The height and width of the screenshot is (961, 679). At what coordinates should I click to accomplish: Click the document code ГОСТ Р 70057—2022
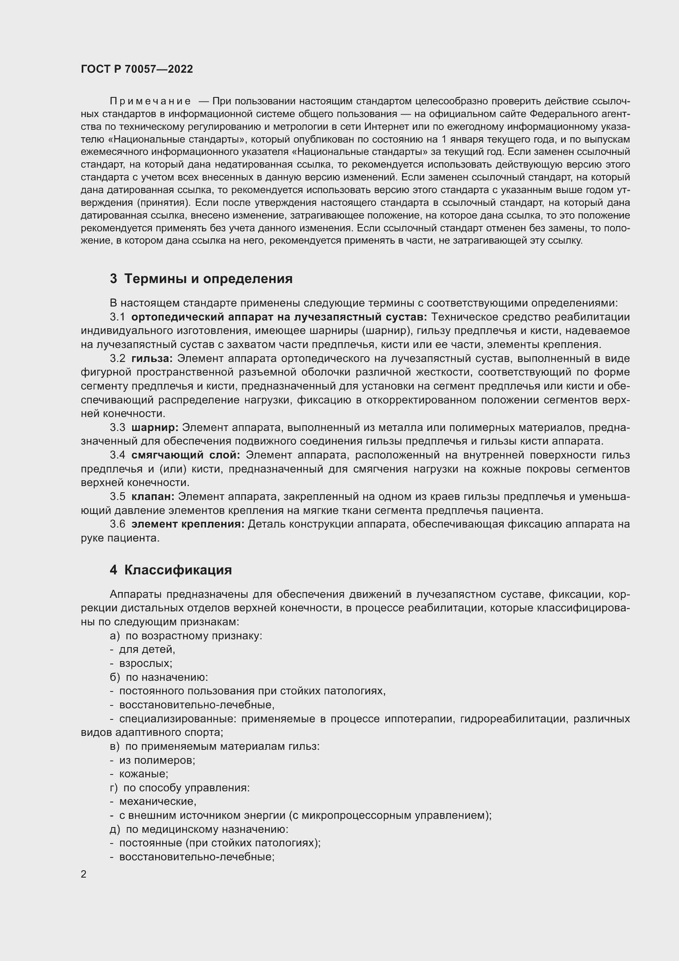pyautogui.click(x=137, y=69)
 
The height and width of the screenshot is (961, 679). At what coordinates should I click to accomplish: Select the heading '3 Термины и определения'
pyautogui.click(x=201, y=279)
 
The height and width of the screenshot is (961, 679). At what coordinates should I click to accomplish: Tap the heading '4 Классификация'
pyautogui.click(x=171, y=570)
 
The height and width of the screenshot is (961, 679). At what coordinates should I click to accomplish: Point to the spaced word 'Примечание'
pyautogui.click(x=150, y=101)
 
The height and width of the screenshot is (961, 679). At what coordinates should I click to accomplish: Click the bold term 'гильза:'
pyautogui.click(x=152, y=359)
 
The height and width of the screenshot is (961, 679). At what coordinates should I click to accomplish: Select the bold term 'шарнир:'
pyautogui.click(x=155, y=428)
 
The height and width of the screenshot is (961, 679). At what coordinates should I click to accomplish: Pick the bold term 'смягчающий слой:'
pyautogui.click(x=186, y=455)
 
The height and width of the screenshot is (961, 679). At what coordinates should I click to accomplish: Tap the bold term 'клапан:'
pyautogui.click(x=153, y=497)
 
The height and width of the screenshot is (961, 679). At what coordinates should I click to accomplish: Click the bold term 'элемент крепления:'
pyautogui.click(x=188, y=524)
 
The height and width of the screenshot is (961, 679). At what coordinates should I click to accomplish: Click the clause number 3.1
pyautogui.click(x=117, y=317)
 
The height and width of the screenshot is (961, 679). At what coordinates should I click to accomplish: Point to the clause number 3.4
pyautogui.click(x=117, y=455)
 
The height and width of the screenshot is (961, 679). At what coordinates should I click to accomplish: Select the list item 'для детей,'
pyautogui.click(x=147, y=650)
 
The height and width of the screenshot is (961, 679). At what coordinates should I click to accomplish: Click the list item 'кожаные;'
pyautogui.click(x=143, y=774)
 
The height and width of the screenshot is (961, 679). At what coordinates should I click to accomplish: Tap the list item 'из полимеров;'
pyautogui.click(x=157, y=761)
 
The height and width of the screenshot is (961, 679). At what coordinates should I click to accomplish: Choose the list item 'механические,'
pyautogui.click(x=158, y=802)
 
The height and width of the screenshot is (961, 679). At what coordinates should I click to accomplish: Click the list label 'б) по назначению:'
pyautogui.click(x=159, y=677)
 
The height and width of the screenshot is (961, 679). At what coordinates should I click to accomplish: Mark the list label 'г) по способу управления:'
pyautogui.click(x=180, y=788)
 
